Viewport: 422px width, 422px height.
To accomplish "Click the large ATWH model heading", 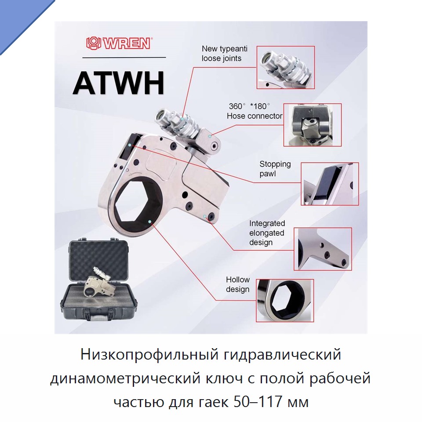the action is [x=119, y=83].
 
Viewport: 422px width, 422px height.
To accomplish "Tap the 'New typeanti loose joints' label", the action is [x=225, y=54].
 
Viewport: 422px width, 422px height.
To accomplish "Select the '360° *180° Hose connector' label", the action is [x=255, y=111].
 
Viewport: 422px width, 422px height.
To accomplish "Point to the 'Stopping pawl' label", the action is [x=275, y=169].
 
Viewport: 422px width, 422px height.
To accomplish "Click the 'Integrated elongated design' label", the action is [x=267, y=233].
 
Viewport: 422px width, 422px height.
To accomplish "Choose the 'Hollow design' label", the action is [x=238, y=284].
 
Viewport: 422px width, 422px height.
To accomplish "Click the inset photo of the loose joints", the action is [x=286, y=67].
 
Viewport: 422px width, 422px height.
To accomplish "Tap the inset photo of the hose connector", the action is [x=313, y=125].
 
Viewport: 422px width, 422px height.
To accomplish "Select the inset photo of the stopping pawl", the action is [x=330, y=184].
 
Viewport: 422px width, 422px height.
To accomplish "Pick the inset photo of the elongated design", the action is [x=323, y=249].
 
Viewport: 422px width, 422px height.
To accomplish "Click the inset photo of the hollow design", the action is [x=285, y=300].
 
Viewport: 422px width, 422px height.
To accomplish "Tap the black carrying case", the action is [x=98, y=280].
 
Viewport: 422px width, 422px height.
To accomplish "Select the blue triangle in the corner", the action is [x=19, y=19].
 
